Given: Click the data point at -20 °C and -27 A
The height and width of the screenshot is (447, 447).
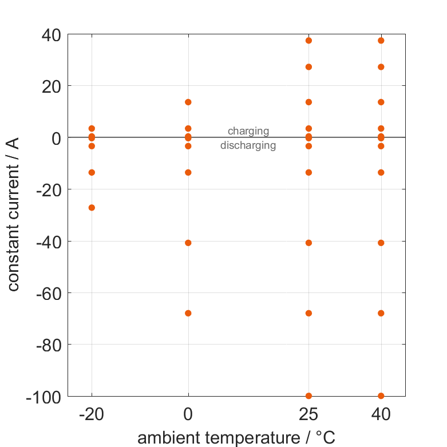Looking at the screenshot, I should [92, 207].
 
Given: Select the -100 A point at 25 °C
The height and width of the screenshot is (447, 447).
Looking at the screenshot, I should [309, 395].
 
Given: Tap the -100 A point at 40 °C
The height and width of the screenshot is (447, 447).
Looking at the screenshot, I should [381, 395].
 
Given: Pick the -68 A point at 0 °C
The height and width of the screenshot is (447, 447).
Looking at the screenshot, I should [188, 313].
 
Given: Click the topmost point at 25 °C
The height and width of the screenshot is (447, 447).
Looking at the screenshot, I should [309, 41].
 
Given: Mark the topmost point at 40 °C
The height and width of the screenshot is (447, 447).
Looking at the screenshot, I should [381, 41].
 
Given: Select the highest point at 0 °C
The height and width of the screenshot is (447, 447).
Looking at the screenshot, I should [188, 102].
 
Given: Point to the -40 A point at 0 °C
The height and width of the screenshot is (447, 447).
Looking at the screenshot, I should [188, 243].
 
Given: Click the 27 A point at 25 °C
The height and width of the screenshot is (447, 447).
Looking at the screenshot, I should [309, 67].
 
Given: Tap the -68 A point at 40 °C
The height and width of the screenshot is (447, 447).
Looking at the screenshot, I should [381, 313].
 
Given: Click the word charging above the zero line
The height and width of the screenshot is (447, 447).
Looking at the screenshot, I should [248, 131].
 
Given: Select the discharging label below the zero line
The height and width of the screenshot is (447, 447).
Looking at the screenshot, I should [248, 145].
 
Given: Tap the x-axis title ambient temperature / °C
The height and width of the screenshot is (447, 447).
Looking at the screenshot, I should [236, 438].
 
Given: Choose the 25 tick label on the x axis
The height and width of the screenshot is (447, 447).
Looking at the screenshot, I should [309, 414].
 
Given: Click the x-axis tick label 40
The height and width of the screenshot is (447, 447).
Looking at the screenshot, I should [381, 414].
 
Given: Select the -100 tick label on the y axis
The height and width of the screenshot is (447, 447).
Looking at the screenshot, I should [44, 396].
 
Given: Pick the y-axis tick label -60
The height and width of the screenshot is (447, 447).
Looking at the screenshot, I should [49, 293].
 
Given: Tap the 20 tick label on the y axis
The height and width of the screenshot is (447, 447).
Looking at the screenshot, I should [52, 86].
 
